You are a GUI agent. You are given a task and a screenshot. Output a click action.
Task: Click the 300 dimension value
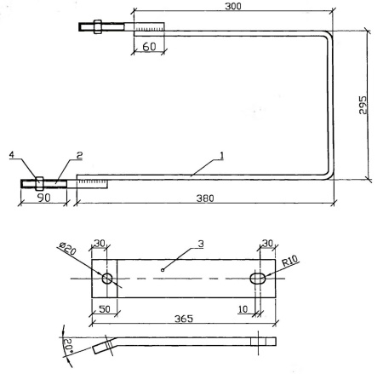(233, 6)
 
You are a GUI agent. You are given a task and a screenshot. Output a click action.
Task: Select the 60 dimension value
(149, 47)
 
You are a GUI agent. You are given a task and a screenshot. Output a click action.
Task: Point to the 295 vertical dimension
(363, 105)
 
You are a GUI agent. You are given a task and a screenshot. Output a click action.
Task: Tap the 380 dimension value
(205, 199)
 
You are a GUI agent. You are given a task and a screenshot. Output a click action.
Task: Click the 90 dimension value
(43, 198)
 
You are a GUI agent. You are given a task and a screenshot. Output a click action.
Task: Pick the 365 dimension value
(184, 319)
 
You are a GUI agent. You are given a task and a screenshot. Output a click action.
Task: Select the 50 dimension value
(105, 309)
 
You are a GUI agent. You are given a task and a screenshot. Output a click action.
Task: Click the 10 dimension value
(243, 309)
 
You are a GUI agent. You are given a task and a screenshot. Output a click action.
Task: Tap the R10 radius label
(290, 261)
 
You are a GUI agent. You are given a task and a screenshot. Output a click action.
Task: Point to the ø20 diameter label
(68, 249)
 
